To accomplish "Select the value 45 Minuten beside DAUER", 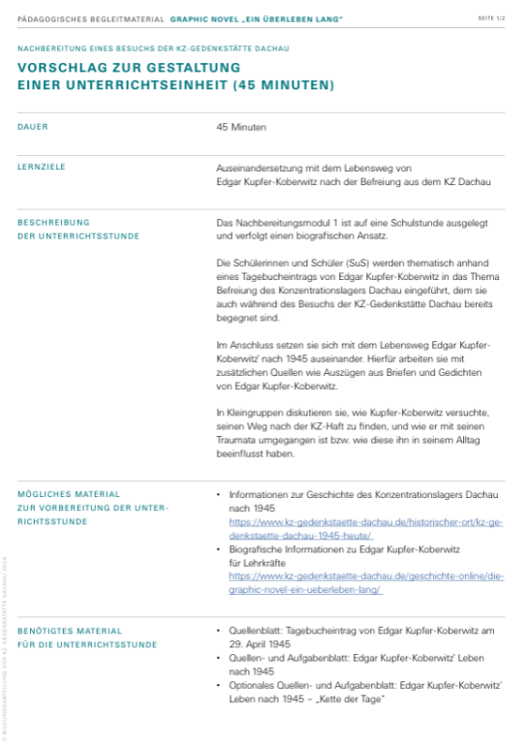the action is (241, 127).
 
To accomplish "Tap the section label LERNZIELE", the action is (42, 167).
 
